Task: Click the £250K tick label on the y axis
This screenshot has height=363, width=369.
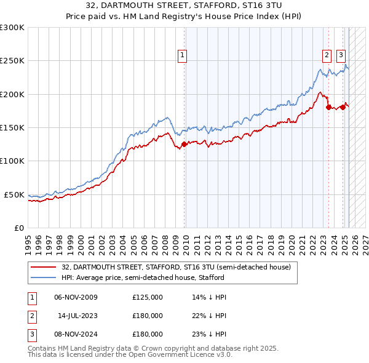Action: pos(12,62)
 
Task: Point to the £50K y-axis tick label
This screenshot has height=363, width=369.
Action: pos(14,195)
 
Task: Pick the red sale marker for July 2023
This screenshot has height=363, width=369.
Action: pos(328,108)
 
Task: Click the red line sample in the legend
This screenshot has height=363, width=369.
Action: pos(44,267)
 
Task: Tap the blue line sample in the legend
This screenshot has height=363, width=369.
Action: pos(44,277)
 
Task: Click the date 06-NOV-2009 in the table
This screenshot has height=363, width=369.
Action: pos(76,297)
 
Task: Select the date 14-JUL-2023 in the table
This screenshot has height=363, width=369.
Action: pos(78,316)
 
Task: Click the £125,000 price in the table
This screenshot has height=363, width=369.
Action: pos(148,297)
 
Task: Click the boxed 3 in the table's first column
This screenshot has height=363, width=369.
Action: pos(31,334)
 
